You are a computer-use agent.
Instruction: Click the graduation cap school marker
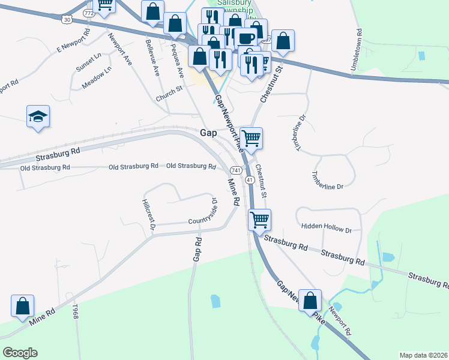click(38, 116)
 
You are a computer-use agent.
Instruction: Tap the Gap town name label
click(207, 133)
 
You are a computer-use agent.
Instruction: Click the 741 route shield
click(236, 170)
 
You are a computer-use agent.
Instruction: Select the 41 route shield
click(250, 180)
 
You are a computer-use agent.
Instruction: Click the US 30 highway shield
click(67, 20)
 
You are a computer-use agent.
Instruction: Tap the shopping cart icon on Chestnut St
click(252, 137)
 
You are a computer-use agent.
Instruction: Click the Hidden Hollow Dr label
click(327, 229)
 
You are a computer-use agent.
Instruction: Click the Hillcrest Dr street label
click(149, 215)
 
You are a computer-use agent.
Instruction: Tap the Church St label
click(169, 91)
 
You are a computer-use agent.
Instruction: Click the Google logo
click(20, 353)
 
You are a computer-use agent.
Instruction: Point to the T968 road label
click(76, 312)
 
